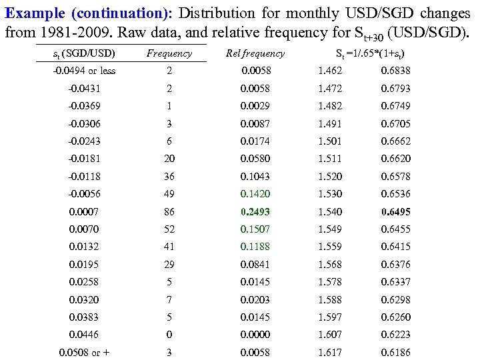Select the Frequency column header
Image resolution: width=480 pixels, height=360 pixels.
[169, 53]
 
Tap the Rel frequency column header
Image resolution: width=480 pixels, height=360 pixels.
[255, 53]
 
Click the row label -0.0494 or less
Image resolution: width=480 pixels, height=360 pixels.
[84, 71]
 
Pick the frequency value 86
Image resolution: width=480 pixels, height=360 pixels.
[169, 211]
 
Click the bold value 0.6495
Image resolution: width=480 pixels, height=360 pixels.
[395, 212]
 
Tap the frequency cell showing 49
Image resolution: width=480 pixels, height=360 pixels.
[169, 194]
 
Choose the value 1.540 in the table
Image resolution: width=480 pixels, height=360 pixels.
[330, 211]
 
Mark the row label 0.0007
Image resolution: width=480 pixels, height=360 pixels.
[84, 211]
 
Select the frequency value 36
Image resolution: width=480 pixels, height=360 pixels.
[169, 176]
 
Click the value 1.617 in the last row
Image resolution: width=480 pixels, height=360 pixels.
[330, 352]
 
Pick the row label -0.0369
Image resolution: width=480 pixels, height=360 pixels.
[84, 106]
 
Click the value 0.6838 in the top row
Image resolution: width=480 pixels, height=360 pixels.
[395, 70]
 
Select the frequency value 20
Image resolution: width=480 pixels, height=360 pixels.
[169, 159]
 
